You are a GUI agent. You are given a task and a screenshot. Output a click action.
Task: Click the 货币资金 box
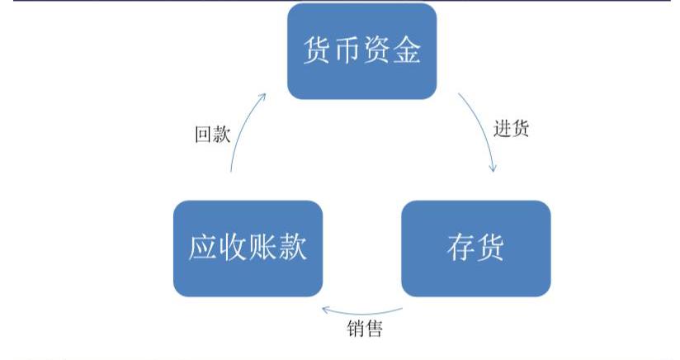[x=361, y=51]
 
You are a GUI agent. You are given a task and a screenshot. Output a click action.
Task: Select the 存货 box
[x=475, y=248]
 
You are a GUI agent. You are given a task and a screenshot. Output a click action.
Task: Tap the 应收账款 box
[x=248, y=248]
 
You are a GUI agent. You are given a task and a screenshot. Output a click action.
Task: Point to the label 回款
[x=212, y=135]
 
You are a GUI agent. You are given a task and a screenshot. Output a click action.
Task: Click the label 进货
[x=512, y=129]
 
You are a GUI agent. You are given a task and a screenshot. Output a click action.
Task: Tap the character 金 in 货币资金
[x=407, y=51]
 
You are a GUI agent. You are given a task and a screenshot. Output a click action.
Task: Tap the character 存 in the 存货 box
[x=460, y=248]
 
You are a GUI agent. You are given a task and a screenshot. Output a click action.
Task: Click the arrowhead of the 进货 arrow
[x=493, y=168]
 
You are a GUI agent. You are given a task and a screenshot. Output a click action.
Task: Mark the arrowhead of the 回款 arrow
[x=262, y=96]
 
